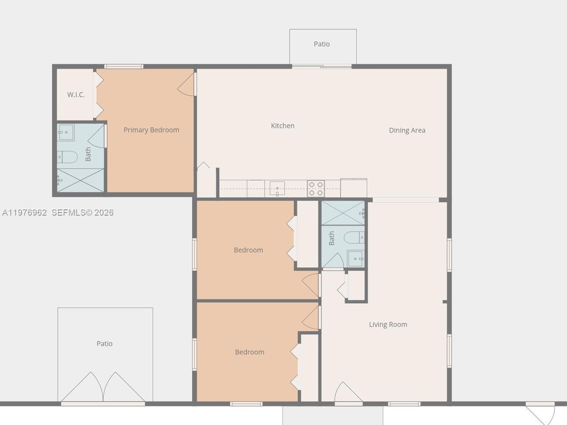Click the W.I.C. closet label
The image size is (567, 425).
click(76, 95)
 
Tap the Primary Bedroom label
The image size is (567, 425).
click(151, 130)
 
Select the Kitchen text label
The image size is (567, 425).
click(283, 126)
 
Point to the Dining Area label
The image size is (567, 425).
click(407, 130)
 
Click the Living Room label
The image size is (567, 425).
click(388, 325)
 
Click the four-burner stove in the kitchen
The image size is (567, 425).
click(316, 189)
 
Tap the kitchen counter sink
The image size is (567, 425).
click(277, 189)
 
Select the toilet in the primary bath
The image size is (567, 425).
click(67, 157)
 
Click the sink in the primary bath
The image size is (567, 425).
click(66, 132)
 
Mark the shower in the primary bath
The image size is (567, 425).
click(81, 180)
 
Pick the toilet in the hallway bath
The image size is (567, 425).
click(355, 237)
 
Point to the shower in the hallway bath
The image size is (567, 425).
click(343, 213)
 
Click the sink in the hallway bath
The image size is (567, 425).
click(356, 259)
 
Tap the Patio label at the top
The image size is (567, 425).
click(322, 44)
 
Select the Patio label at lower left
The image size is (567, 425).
click(105, 344)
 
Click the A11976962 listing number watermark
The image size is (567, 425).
click(24, 212)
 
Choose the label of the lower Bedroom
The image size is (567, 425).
click(249, 352)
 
